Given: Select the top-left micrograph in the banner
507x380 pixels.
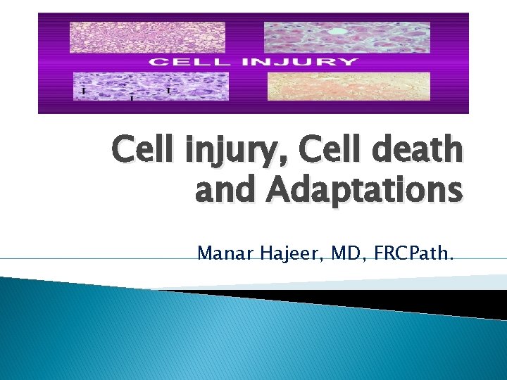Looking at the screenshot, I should (x=147, y=37).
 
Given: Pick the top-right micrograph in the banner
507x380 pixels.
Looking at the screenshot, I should (x=346, y=37).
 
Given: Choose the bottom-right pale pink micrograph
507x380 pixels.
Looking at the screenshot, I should (x=348, y=86).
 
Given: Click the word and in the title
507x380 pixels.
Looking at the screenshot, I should (x=219, y=191).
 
